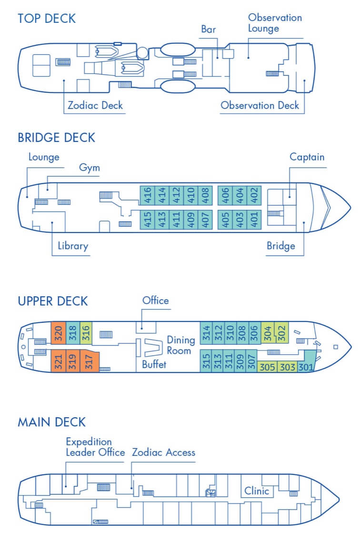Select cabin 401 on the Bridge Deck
click(254, 220)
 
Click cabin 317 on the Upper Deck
click(89, 361)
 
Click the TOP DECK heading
click(47, 19)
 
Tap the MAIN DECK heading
click(51, 422)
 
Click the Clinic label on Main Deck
click(257, 491)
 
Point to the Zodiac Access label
click(164, 452)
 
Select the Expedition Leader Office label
click(95, 447)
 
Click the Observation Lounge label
click(275, 23)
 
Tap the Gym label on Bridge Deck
click(90, 168)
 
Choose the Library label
click(73, 246)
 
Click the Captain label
click(307, 157)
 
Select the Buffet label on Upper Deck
click(154, 365)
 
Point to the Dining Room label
click(180, 345)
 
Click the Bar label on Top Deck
click(208, 30)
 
